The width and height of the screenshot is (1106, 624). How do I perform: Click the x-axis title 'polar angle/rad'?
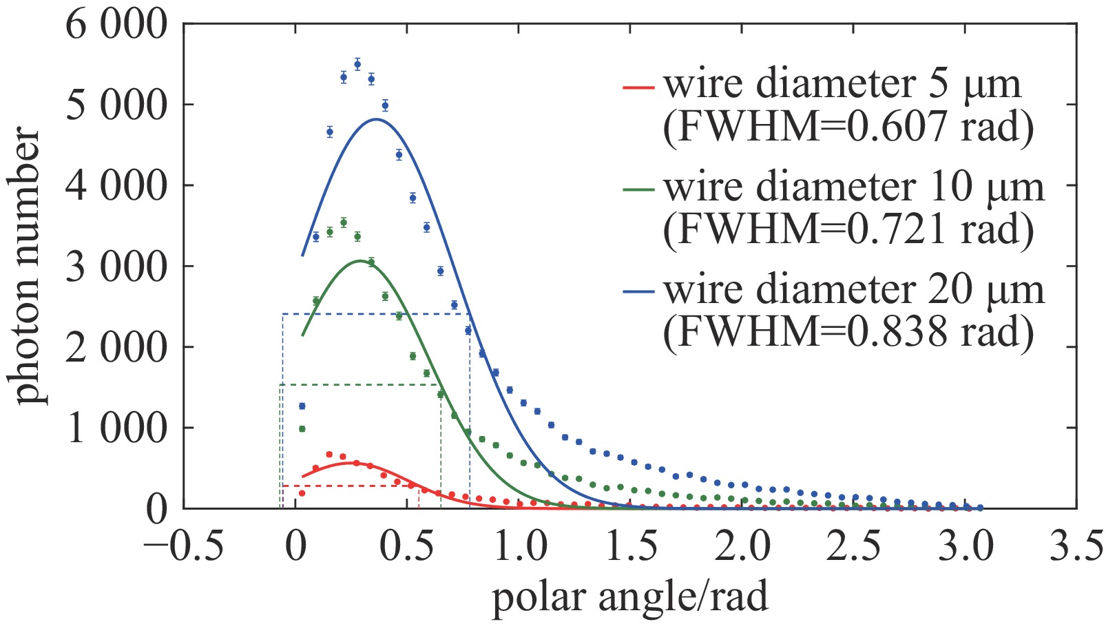click(629, 596)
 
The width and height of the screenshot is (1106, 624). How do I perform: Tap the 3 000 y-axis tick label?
click(116, 267)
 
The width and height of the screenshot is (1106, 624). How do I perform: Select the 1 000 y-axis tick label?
click(116, 428)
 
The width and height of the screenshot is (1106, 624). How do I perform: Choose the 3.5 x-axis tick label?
click(1076, 548)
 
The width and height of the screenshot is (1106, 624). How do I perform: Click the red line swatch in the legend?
click(638, 87)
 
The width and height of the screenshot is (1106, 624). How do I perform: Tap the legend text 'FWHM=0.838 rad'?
click(848, 331)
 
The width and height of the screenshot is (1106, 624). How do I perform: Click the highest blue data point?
click(357, 64)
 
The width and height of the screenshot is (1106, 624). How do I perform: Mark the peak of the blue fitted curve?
click(376, 119)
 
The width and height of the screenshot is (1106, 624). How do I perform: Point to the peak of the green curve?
click(359, 261)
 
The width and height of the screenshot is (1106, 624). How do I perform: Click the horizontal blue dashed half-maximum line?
click(376, 314)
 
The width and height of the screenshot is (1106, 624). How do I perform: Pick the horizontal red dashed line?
click(351, 486)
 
